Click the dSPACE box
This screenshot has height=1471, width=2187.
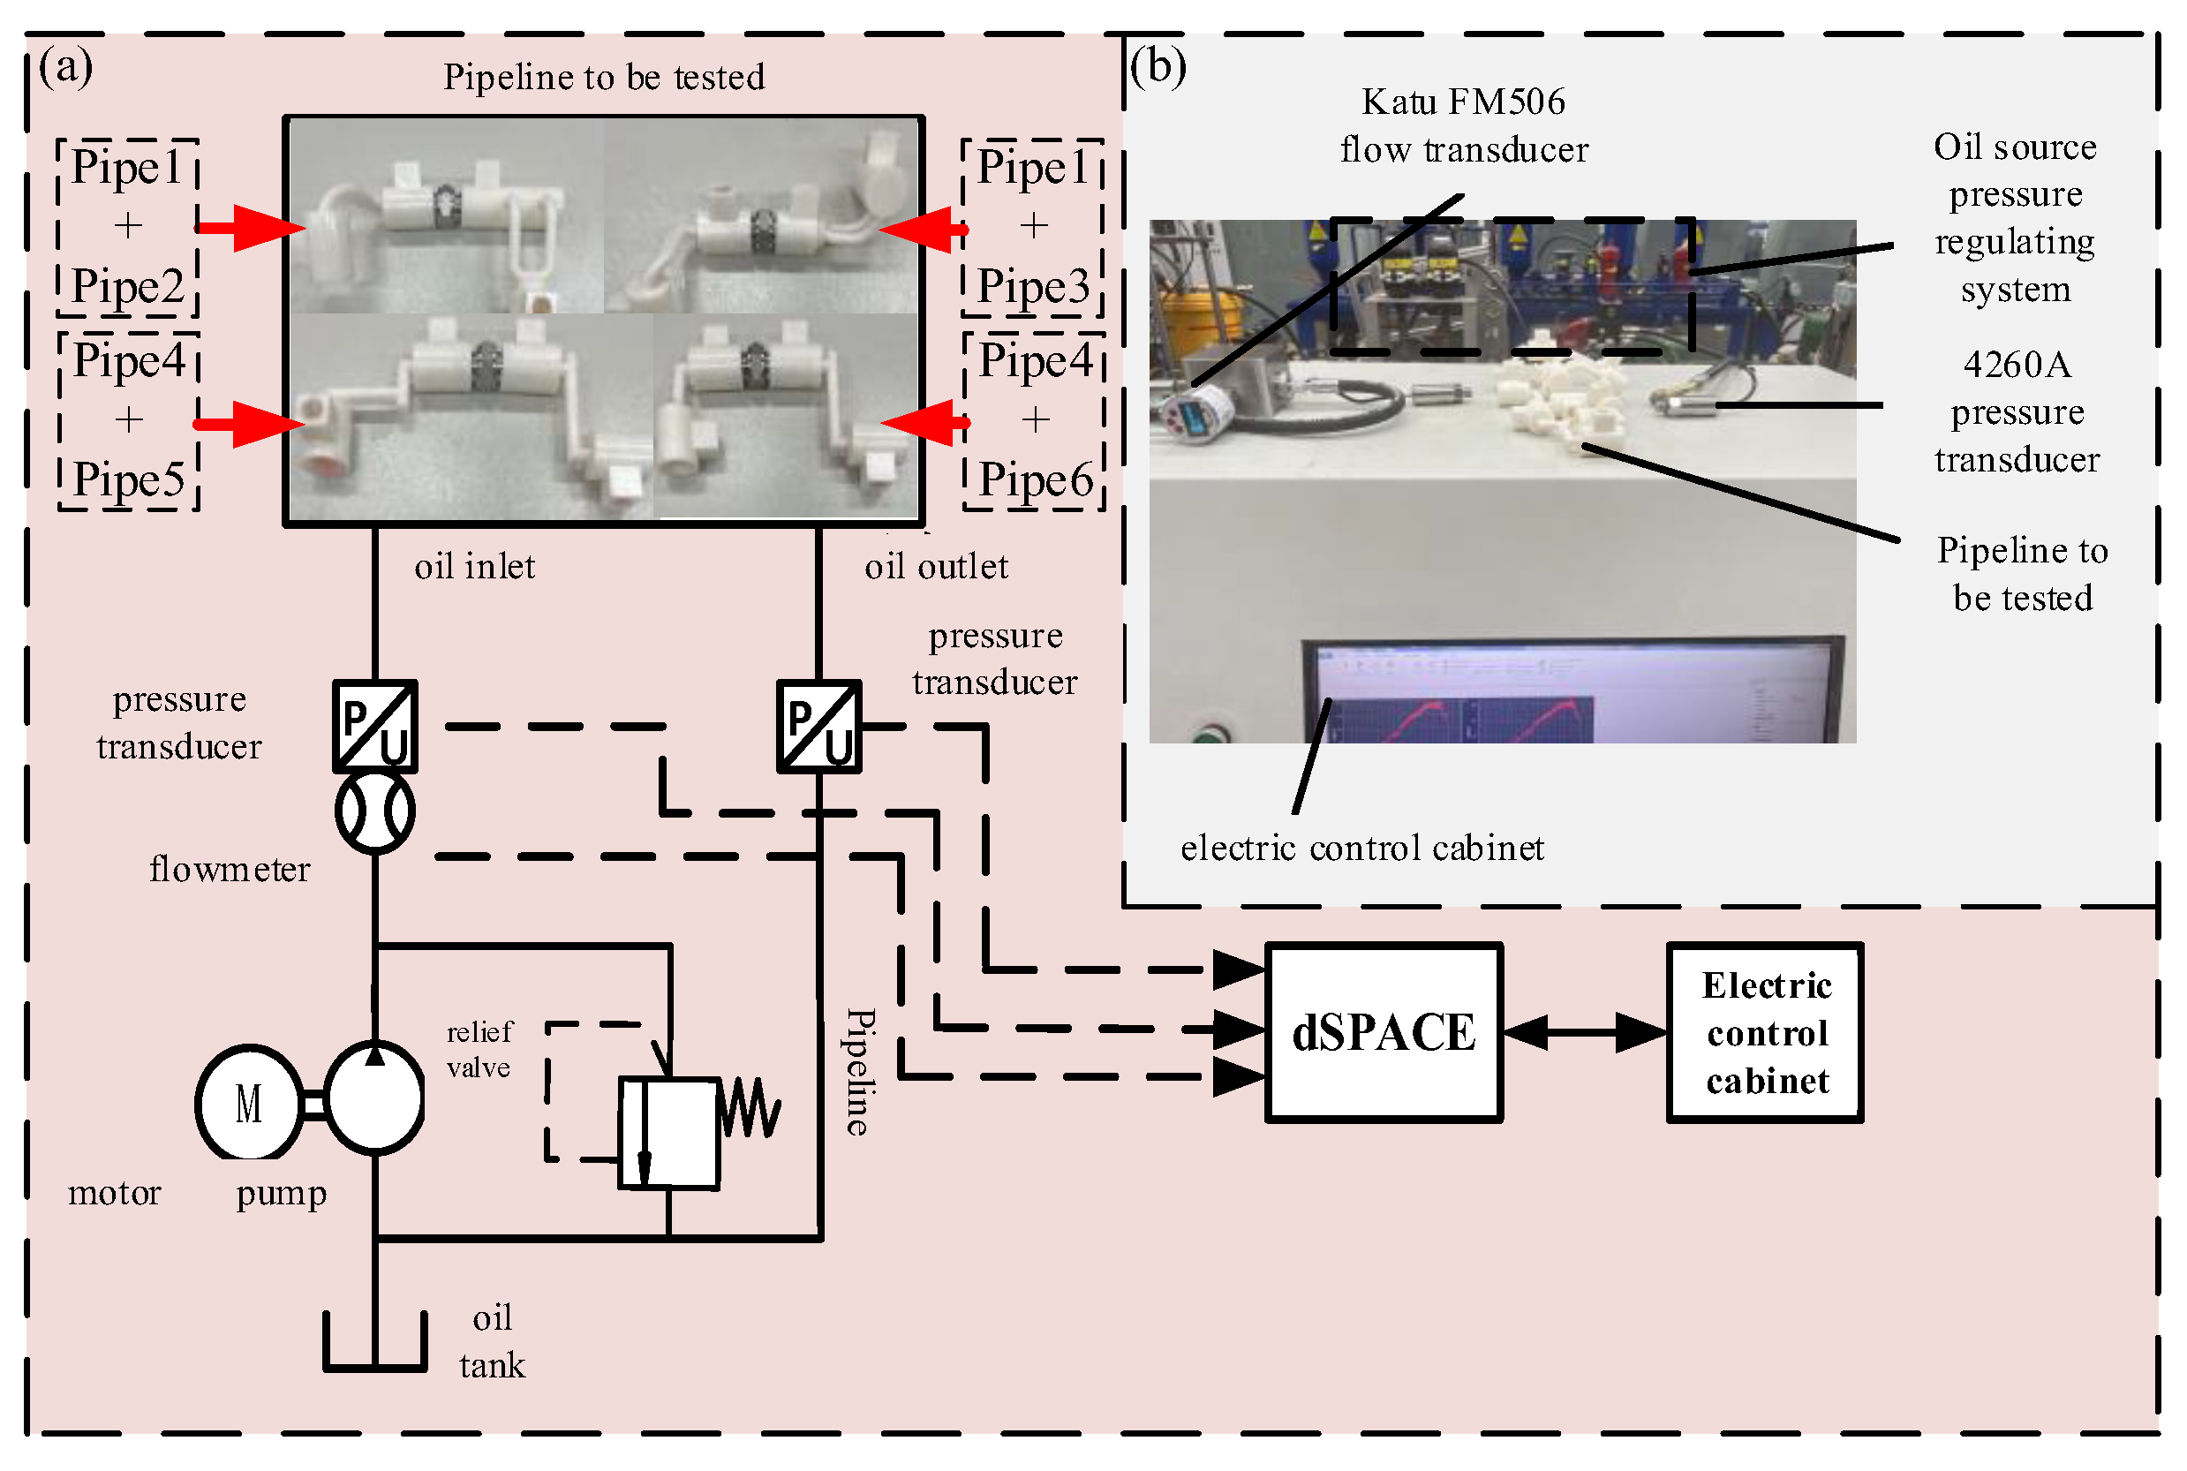tap(1384, 1032)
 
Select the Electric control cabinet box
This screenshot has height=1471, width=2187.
tap(1765, 1032)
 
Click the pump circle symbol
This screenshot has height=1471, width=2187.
tap(375, 1098)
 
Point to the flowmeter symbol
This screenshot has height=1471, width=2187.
tap(375, 811)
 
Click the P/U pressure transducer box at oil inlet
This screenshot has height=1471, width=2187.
tap(375, 726)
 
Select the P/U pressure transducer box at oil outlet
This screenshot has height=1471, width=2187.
tap(818, 726)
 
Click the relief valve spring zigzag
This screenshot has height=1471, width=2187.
tap(750, 1107)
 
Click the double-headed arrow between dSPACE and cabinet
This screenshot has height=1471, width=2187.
tap(1585, 1032)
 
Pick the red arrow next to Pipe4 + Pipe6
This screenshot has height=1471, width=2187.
tap(924, 422)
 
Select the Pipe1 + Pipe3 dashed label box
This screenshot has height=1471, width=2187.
tap(1032, 227)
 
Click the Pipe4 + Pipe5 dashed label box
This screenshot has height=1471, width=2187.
tap(130, 420)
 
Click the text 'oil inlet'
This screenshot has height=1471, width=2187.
tap(474, 567)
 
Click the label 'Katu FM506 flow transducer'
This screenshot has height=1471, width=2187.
tap(1463, 124)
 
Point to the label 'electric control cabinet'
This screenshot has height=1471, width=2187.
tap(1361, 848)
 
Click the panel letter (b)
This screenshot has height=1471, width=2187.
tap(1158, 65)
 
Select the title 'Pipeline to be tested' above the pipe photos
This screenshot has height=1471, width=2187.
tap(604, 77)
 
